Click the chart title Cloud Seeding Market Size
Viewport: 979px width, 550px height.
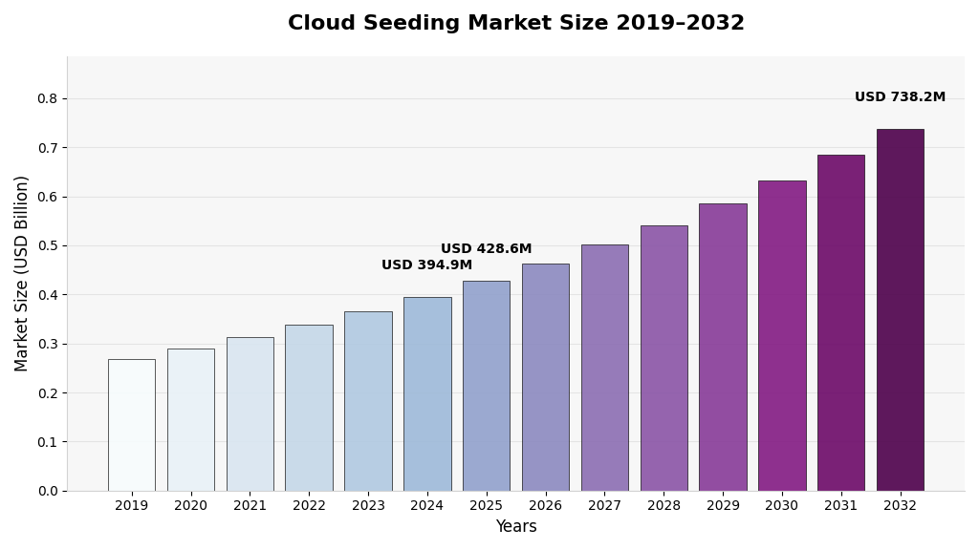click(515, 24)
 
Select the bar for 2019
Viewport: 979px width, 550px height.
click(131, 425)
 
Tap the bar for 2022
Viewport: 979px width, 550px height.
click(309, 408)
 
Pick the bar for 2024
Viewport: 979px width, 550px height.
click(427, 393)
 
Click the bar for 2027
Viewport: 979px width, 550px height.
click(604, 368)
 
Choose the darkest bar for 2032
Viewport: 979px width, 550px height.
click(900, 310)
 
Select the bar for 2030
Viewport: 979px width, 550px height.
click(781, 335)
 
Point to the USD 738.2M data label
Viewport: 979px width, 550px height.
click(900, 97)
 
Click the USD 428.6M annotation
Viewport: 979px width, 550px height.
click(486, 249)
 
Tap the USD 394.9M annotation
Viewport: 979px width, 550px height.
click(426, 265)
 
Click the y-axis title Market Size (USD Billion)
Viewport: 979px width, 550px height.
click(22, 273)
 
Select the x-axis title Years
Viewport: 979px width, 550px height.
click(515, 527)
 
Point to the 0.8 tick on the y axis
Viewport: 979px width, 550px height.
click(47, 98)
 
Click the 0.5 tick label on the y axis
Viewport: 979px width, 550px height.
click(47, 245)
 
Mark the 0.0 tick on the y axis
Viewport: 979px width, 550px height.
click(47, 491)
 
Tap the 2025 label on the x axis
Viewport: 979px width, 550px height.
click(486, 506)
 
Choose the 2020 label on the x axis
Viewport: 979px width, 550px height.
click(190, 506)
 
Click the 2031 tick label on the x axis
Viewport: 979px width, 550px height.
click(840, 506)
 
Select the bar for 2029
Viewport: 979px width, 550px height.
click(723, 347)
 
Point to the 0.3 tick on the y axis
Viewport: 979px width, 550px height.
click(47, 344)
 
